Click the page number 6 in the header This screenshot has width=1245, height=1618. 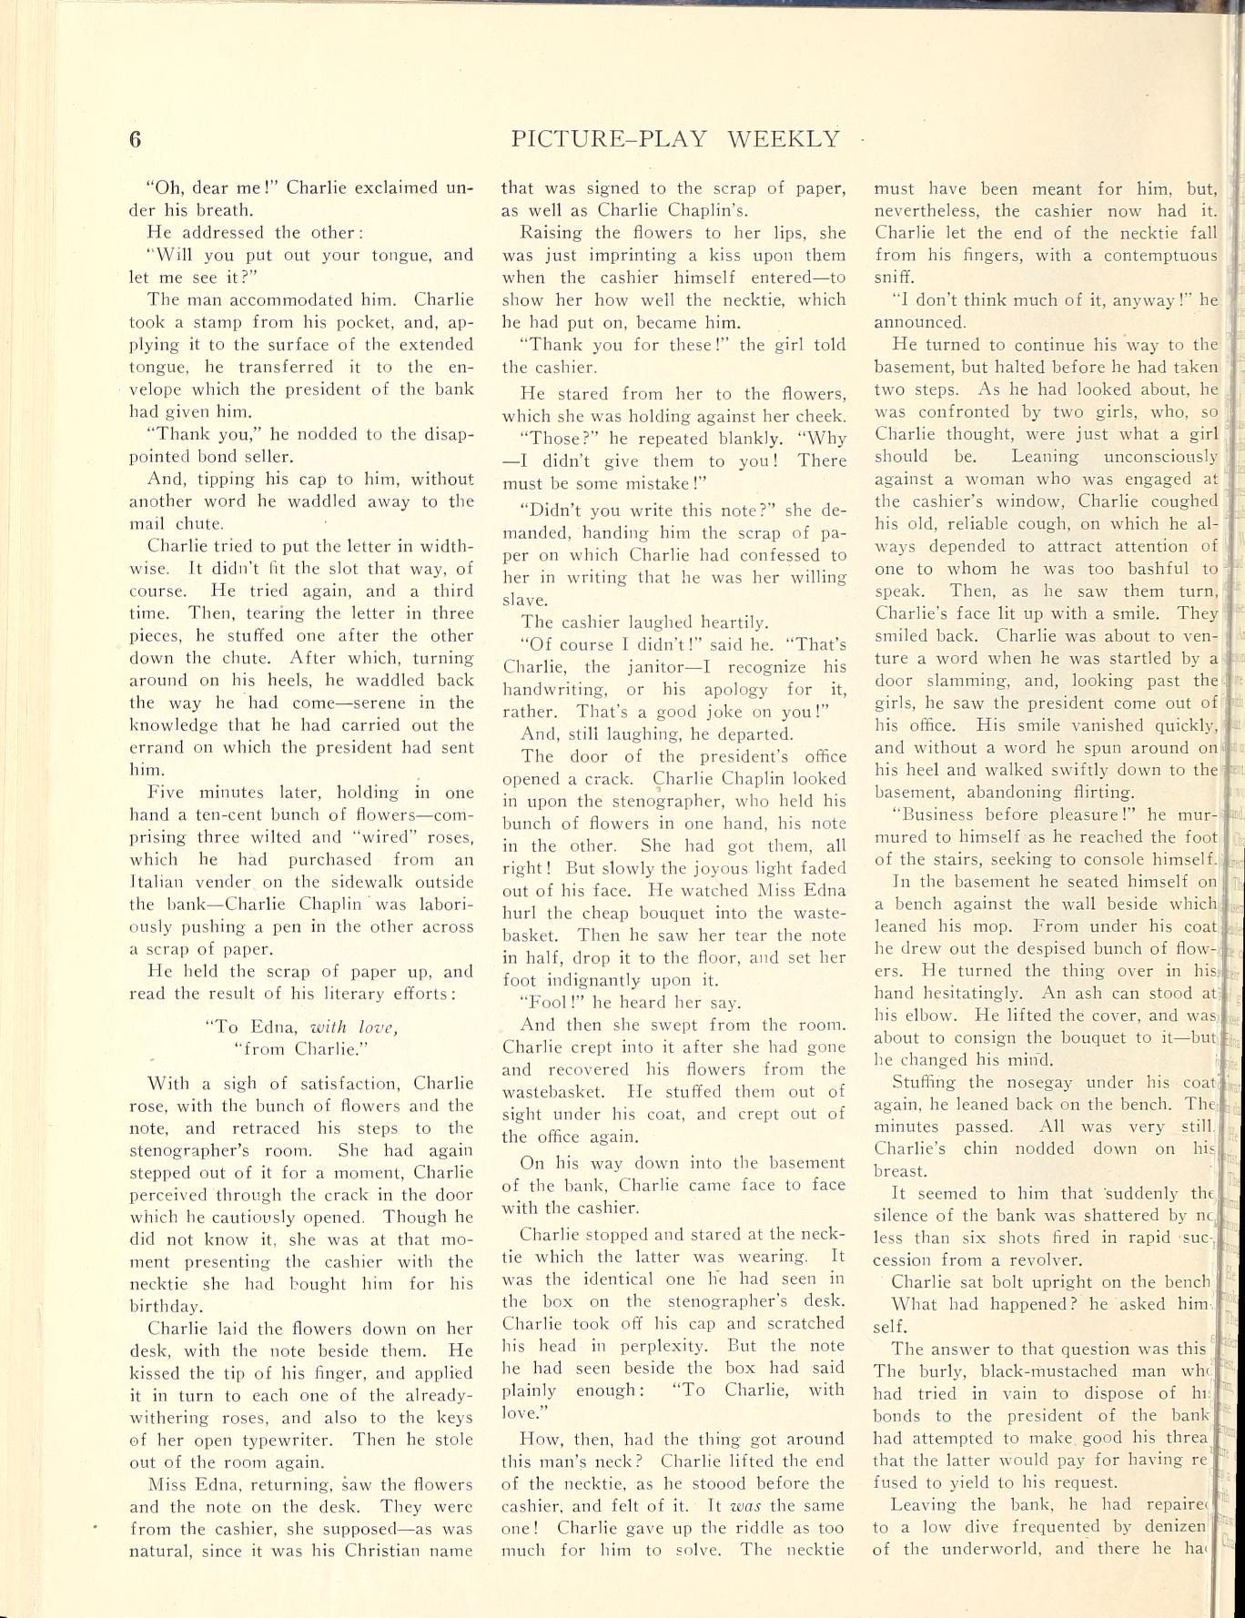click(136, 139)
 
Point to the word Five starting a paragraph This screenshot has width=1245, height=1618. click(167, 792)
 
